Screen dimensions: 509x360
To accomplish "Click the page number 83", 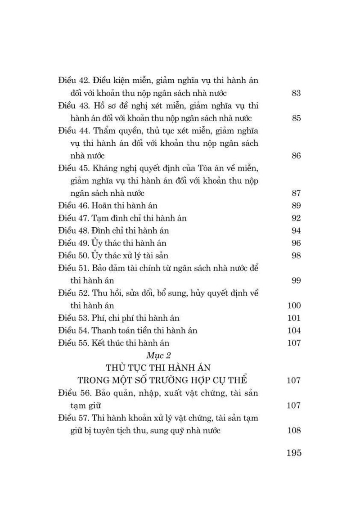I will [296, 94].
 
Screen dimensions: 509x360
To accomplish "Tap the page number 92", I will [296, 218].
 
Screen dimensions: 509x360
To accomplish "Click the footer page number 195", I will [294, 453].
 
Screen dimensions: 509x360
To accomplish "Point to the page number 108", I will [293, 430].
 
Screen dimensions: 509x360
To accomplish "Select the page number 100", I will [293, 306].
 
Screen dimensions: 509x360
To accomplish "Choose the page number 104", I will [293, 330].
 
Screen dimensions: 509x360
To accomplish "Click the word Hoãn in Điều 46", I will [102, 206].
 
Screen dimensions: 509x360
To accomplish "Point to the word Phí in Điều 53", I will [98, 318].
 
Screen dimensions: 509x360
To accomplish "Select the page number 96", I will [296, 243].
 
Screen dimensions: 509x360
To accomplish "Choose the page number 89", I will [296, 206].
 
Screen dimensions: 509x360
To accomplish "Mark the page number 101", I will [293, 318].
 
